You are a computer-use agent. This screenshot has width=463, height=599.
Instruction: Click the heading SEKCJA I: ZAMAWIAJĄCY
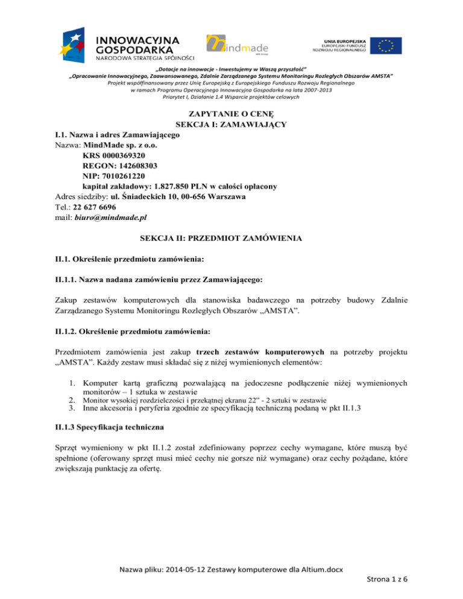coord(231,124)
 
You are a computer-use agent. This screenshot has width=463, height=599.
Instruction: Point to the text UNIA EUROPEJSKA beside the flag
coord(338,38)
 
